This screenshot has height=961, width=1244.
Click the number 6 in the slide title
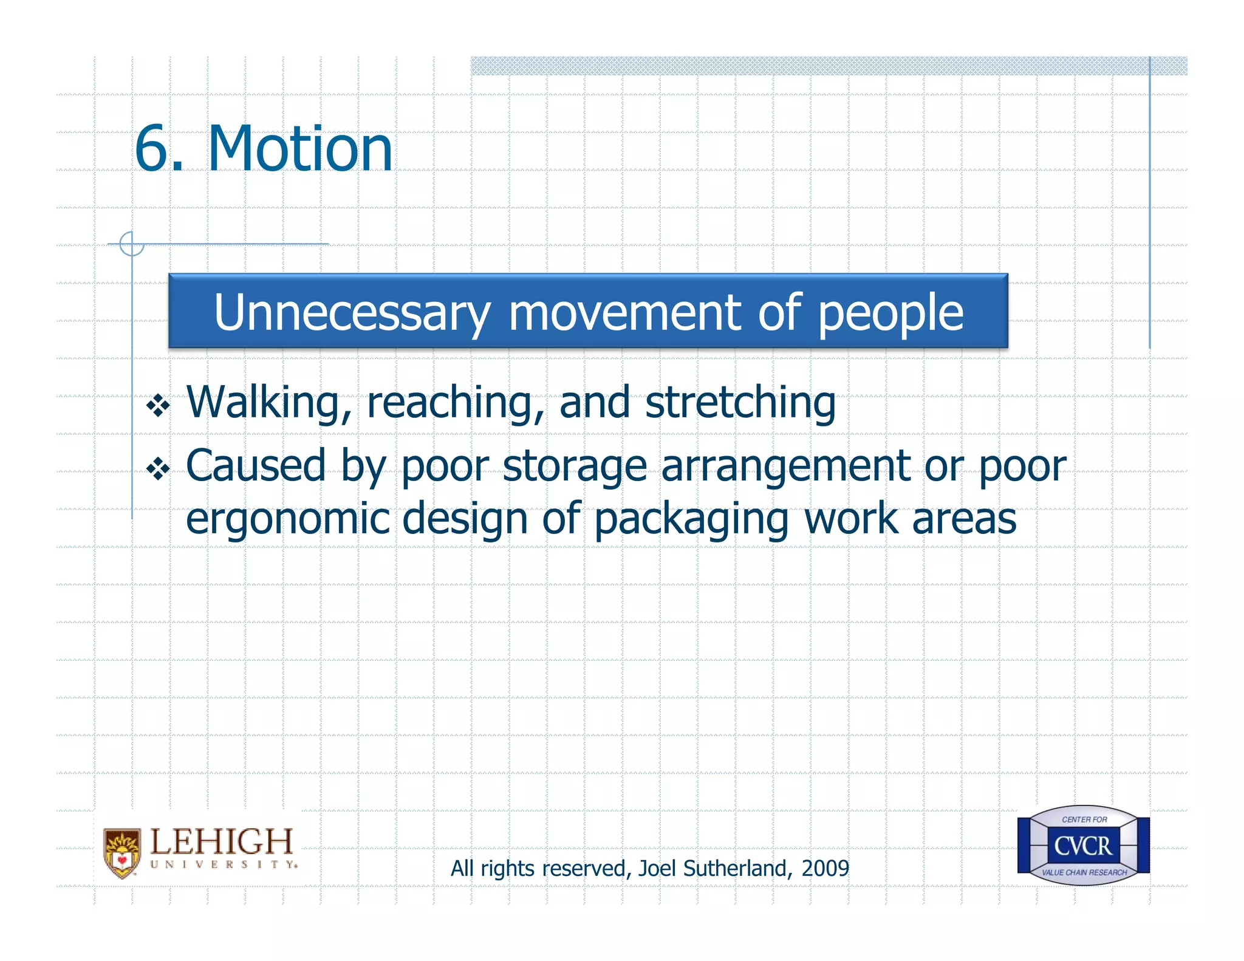tap(151, 149)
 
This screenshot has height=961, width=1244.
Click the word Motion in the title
tap(300, 149)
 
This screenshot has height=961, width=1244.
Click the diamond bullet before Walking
tap(158, 406)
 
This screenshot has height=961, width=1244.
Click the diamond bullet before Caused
tap(158, 468)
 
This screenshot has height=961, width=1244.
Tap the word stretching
tap(740, 403)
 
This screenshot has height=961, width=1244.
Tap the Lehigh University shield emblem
tap(122, 853)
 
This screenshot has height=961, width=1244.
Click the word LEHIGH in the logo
tap(222, 842)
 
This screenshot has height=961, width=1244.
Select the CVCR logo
tap(1083, 846)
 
